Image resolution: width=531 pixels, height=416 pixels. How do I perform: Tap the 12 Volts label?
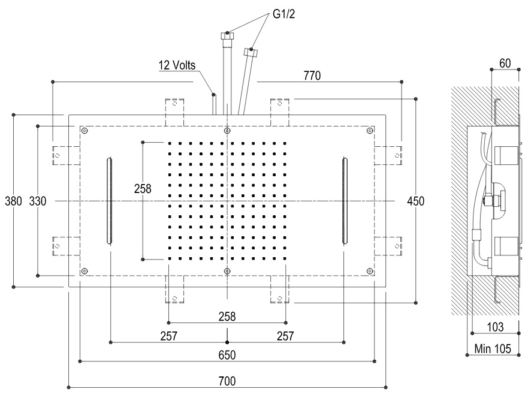tap(177, 64)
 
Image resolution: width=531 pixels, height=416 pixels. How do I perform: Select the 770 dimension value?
tap(312, 76)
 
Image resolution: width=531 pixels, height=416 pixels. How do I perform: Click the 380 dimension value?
tap(13, 201)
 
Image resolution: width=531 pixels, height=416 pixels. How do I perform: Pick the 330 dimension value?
tap(37, 201)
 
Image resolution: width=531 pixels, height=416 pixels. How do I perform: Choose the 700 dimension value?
tap(227, 381)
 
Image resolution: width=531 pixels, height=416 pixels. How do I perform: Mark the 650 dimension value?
tap(227, 355)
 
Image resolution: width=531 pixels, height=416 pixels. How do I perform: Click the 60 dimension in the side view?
tap(505, 63)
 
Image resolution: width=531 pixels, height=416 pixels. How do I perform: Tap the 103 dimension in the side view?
tap(495, 327)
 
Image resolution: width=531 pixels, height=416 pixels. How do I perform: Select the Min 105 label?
tap(493, 349)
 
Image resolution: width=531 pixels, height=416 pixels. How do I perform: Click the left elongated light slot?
tap(110, 201)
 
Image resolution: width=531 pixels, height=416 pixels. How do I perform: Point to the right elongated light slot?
tap(344, 201)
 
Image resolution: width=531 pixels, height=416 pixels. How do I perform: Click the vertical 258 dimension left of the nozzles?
tap(143, 188)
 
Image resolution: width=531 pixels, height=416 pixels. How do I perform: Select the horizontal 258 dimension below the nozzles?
tap(227, 316)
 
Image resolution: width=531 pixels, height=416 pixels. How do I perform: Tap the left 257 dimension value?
tap(168, 336)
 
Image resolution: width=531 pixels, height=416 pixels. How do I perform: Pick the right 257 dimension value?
tap(285, 336)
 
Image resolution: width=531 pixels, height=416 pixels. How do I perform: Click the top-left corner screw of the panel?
tap(85, 131)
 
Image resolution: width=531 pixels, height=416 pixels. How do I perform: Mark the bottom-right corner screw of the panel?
tap(370, 271)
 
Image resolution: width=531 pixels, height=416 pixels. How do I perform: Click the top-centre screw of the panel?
tap(227, 131)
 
